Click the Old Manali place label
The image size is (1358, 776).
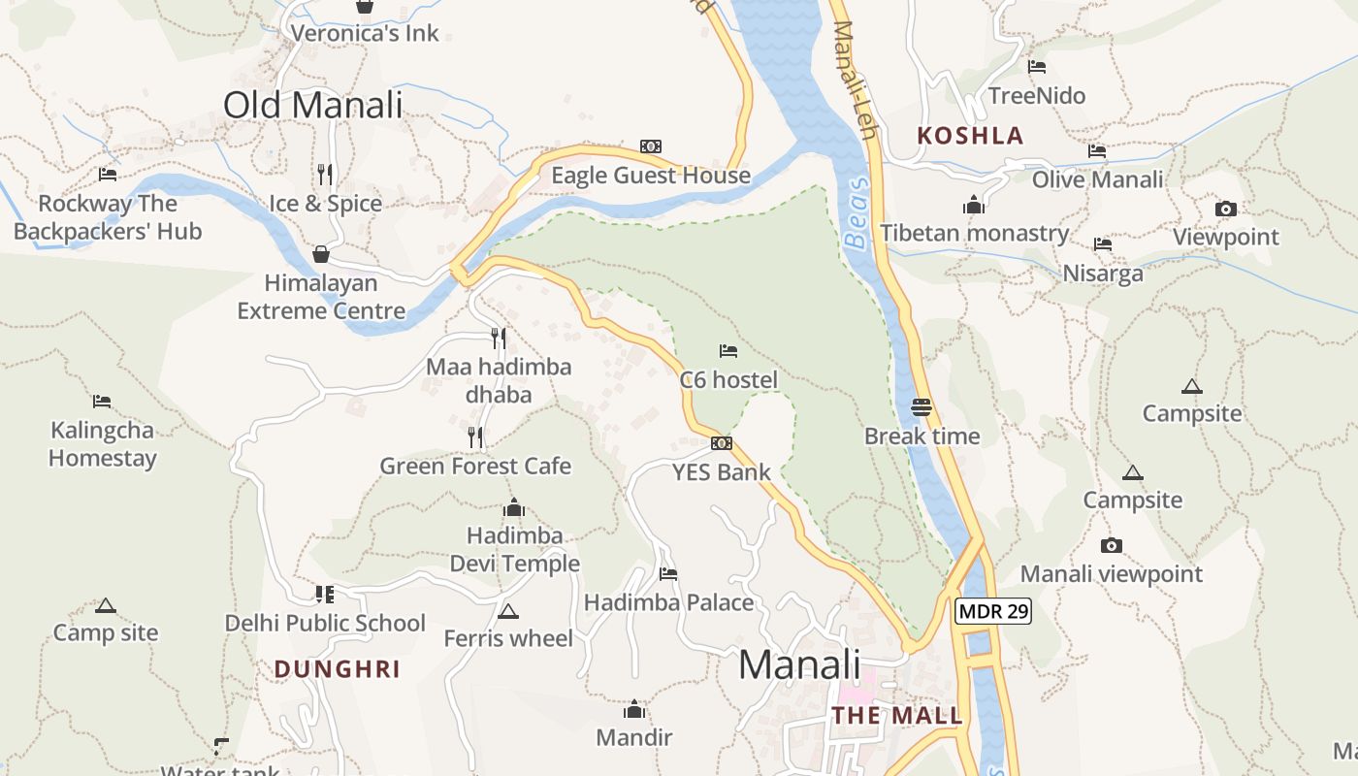(x=312, y=105)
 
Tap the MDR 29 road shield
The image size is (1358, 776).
(x=992, y=611)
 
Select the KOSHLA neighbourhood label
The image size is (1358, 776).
(x=970, y=136)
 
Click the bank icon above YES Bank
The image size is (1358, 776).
(x=722, y=443)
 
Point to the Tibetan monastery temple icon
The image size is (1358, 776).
(x=974, y=205)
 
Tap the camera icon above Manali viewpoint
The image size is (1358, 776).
(x=1112, y=545)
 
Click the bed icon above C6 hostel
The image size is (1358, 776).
(x=728, y=350)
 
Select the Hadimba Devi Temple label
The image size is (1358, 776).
(x=514, y=549)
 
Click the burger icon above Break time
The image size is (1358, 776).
(x=921, y=407)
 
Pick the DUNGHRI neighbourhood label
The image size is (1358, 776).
(x=337, y=669)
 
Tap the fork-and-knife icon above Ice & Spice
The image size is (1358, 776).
(x=325, y=175)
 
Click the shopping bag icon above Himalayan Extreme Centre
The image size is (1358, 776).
(x=321, y=254)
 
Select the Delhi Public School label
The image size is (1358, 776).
(x=325, y=623)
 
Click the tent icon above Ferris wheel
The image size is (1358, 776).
(x=507, y=611)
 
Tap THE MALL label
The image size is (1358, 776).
(x=897, y=716)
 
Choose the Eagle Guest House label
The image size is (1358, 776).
(x=651, y=176)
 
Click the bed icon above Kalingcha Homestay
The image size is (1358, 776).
(x=102, y=401)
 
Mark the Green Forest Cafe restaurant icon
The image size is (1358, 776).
(x=475, y=437)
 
